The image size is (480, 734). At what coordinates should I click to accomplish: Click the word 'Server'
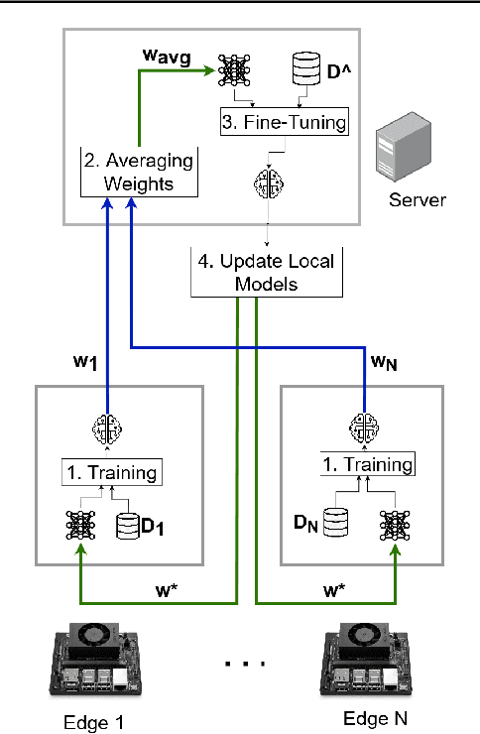[x=417, y=200]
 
